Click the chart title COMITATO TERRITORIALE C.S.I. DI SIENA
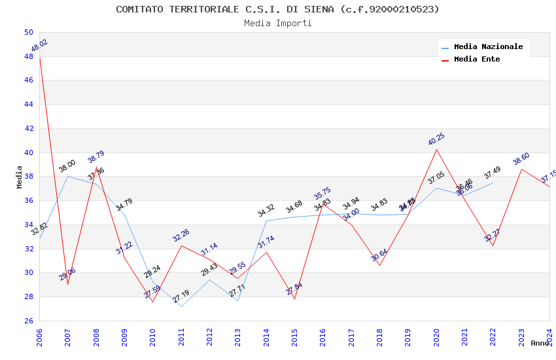277,9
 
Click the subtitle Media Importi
277,24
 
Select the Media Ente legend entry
477,60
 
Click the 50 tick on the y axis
28,32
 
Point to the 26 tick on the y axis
28,321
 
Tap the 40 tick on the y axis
28,153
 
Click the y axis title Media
20,177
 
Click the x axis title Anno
540,343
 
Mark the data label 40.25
436,139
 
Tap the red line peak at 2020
436,149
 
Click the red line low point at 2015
294,298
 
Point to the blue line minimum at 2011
181,306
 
